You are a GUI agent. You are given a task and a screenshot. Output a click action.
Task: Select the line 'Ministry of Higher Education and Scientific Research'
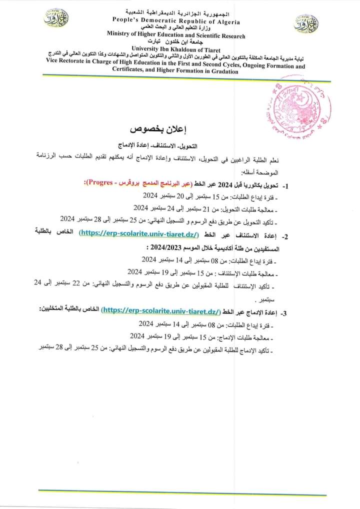[176, 36]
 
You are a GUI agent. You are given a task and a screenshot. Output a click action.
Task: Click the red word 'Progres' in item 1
[99, 185]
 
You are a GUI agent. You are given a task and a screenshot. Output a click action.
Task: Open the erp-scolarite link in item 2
[139, 234]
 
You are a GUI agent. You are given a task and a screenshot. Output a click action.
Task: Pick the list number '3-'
[284, 312]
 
